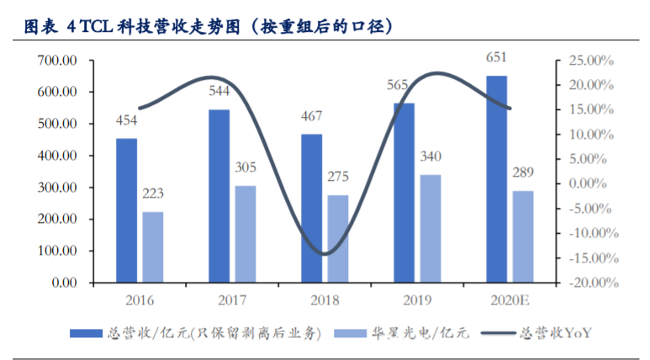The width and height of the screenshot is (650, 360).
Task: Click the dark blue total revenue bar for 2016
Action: tap(126, 210)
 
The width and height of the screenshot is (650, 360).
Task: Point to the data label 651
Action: tap(496, 58)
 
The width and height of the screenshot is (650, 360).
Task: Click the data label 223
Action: tap(153, 194)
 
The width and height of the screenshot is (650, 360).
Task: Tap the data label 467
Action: tap(311, 117)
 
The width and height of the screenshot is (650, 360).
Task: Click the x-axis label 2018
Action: tap(325, 299)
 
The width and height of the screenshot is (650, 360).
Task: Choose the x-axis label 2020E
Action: tap(510, 299)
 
